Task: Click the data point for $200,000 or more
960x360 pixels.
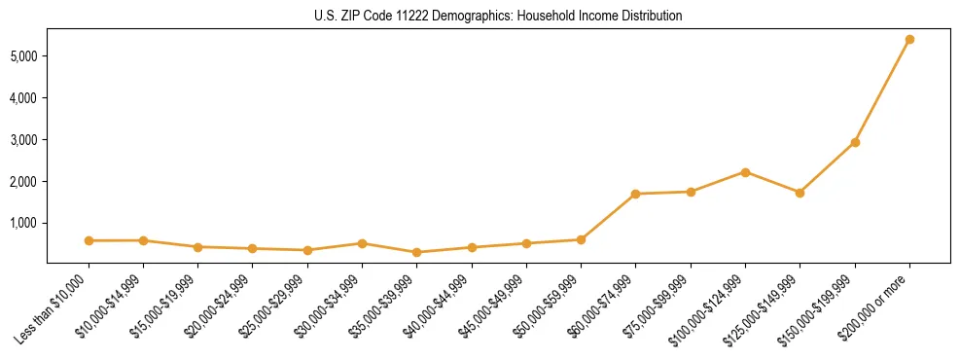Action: point(909,40)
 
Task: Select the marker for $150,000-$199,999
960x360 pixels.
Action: point(855,142)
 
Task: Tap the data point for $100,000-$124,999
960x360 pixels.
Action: point(745,172)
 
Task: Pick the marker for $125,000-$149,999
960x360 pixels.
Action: point(800,193)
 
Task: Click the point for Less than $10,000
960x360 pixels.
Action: point(89,240)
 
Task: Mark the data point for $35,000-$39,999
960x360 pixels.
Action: point(417,252)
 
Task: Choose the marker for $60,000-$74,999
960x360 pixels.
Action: point(635,194)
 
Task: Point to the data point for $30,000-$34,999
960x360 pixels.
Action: point(362,243)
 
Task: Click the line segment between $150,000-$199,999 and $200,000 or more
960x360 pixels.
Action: point(882,91)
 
